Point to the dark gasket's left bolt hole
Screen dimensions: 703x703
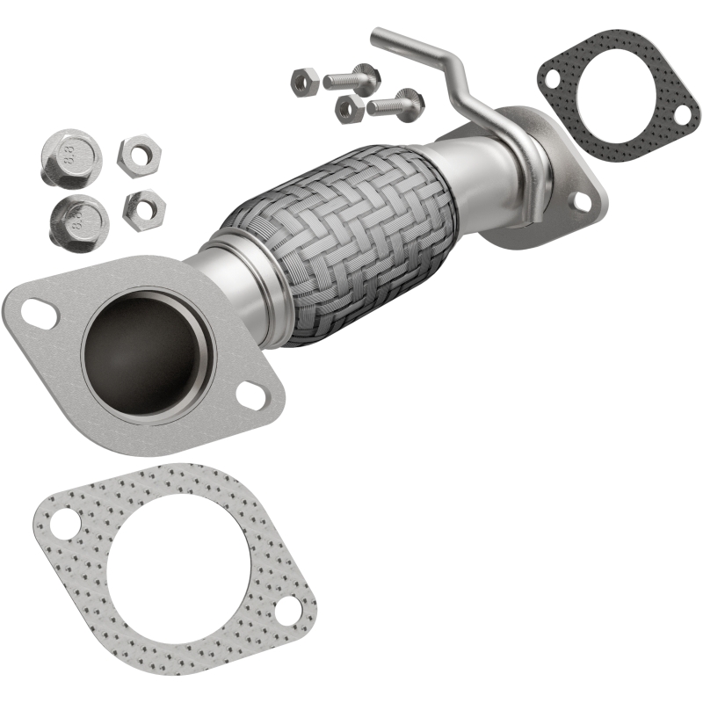point(552,78)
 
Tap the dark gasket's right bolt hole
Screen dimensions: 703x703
point(680,114)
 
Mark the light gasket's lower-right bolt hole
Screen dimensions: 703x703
point(287,613)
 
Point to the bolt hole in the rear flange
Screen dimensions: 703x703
point(581,202)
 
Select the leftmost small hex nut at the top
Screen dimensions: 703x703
point(304,81)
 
